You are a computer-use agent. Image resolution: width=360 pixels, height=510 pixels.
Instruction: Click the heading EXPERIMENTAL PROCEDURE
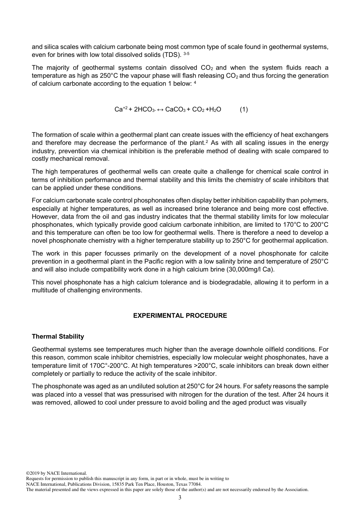tap(180, 315)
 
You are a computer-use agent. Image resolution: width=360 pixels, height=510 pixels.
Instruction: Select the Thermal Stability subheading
tap(58, 336)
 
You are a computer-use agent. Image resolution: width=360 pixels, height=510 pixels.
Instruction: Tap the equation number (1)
tap(244, 109)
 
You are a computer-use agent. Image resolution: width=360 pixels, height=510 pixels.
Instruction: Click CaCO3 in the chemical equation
tap(175, 109)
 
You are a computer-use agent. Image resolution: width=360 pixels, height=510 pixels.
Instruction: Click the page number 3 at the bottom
tap(180, 497)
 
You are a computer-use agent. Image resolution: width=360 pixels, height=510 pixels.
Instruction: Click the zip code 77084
tap(195, 484)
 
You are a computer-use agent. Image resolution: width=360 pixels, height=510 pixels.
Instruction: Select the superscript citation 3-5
tap(186, 53)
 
